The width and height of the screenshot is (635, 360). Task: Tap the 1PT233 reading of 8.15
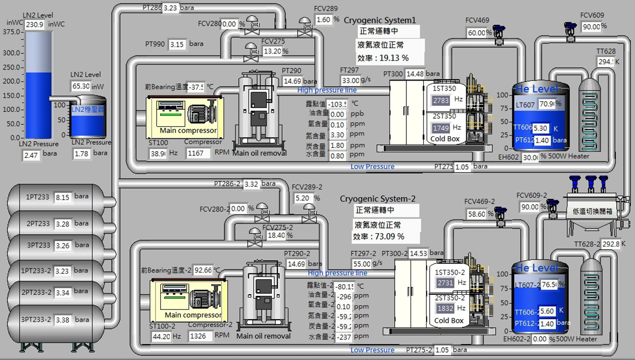point(63,197)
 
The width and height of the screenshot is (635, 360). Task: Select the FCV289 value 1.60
point(324,20)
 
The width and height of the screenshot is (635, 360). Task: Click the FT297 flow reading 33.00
point(350,81)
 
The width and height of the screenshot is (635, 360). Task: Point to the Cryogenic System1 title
point(380,20)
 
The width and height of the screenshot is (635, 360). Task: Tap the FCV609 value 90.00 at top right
point(591,27)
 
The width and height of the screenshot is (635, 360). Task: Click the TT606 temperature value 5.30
point(541,128)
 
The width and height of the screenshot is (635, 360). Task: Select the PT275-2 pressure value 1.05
point(441,350)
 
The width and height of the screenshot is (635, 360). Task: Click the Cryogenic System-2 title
point(378,199)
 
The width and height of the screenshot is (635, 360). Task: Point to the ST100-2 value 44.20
point(160,336)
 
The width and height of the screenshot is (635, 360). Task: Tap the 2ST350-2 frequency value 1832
point(445,309)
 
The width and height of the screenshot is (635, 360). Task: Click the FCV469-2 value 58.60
point(477,214)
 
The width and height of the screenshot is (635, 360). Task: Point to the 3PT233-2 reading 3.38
point(63,320)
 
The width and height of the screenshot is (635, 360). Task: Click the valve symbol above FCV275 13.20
point(248,51)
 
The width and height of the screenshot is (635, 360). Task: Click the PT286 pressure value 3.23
point(170,8)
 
